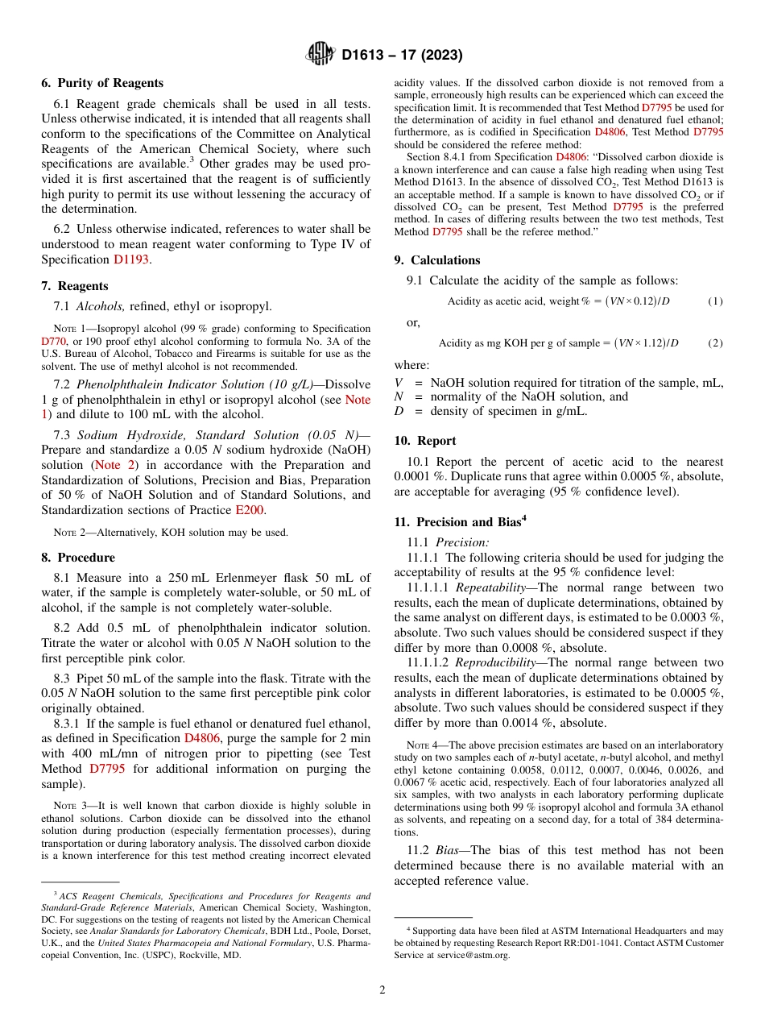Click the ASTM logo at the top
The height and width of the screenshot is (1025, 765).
click(x=321, y=55)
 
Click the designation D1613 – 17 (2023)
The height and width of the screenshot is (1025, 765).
click(x=402, y=56)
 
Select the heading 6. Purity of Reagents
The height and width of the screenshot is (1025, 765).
click(x=102, y=83)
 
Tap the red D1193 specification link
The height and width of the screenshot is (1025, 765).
click(x=131, y=259)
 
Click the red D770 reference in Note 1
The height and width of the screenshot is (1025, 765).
click(x=53, y=341)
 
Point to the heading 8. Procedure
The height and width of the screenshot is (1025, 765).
click(x=78, y=558)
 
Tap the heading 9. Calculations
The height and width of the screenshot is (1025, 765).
click(x=437, y=260)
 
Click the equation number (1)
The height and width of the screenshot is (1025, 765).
click(x=715, y=301)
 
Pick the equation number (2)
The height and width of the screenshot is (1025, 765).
click(x=715, y=343)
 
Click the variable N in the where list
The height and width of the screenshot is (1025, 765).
click(x=398, y=396)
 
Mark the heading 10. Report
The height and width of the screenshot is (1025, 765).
click(x=425, y=441)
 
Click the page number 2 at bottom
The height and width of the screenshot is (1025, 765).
click(x=382, y=990)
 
